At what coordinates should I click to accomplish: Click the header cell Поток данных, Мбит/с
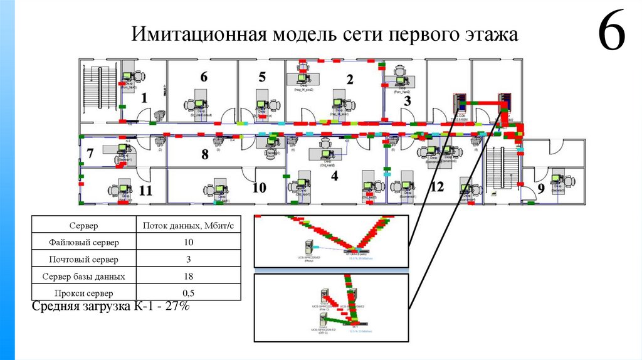click(188, 225)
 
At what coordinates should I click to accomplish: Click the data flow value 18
click(188, 276)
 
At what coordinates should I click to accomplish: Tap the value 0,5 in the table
click(188, 293)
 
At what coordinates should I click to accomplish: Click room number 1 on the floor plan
click(144, 98)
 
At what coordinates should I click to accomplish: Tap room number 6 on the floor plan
click(203, 77)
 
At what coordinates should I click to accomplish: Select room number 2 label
click(350, 80)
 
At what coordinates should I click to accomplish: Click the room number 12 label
click(437, 186)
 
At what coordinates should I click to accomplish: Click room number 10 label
click(259, 188)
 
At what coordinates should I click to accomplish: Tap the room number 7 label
click(90, 152)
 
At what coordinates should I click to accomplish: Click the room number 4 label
click(335, 176)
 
